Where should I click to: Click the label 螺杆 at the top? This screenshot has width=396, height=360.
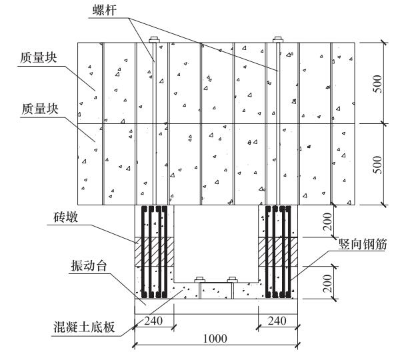pos(104,11)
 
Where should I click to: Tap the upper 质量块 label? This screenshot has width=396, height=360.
pos(39,57)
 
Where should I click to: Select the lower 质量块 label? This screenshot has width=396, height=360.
pos(39,109)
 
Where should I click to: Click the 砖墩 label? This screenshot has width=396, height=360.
pos(65,217)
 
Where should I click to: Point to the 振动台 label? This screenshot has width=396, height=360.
pos(89,266)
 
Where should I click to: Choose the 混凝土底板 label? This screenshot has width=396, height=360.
pos(85,327)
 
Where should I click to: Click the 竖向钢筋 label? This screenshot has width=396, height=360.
pos(363,244)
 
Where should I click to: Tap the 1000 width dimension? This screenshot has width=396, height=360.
pos(215,339)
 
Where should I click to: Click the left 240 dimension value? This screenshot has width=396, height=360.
pos(153,321)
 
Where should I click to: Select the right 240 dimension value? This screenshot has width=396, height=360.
pos(277,321)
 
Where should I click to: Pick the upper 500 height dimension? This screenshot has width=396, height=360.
pos(378,84)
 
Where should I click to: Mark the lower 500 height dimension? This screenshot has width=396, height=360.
pos(378,165)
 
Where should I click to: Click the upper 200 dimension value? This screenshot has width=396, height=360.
pos(327,221)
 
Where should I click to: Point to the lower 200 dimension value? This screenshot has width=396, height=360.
pos(327,283)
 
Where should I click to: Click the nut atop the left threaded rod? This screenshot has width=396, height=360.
pos(154,39)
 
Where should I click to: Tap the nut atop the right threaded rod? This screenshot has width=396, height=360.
pos(278,39)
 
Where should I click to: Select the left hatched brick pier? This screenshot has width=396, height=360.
pos(154,251)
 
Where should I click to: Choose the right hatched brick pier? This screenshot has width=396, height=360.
pos(278,251)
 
